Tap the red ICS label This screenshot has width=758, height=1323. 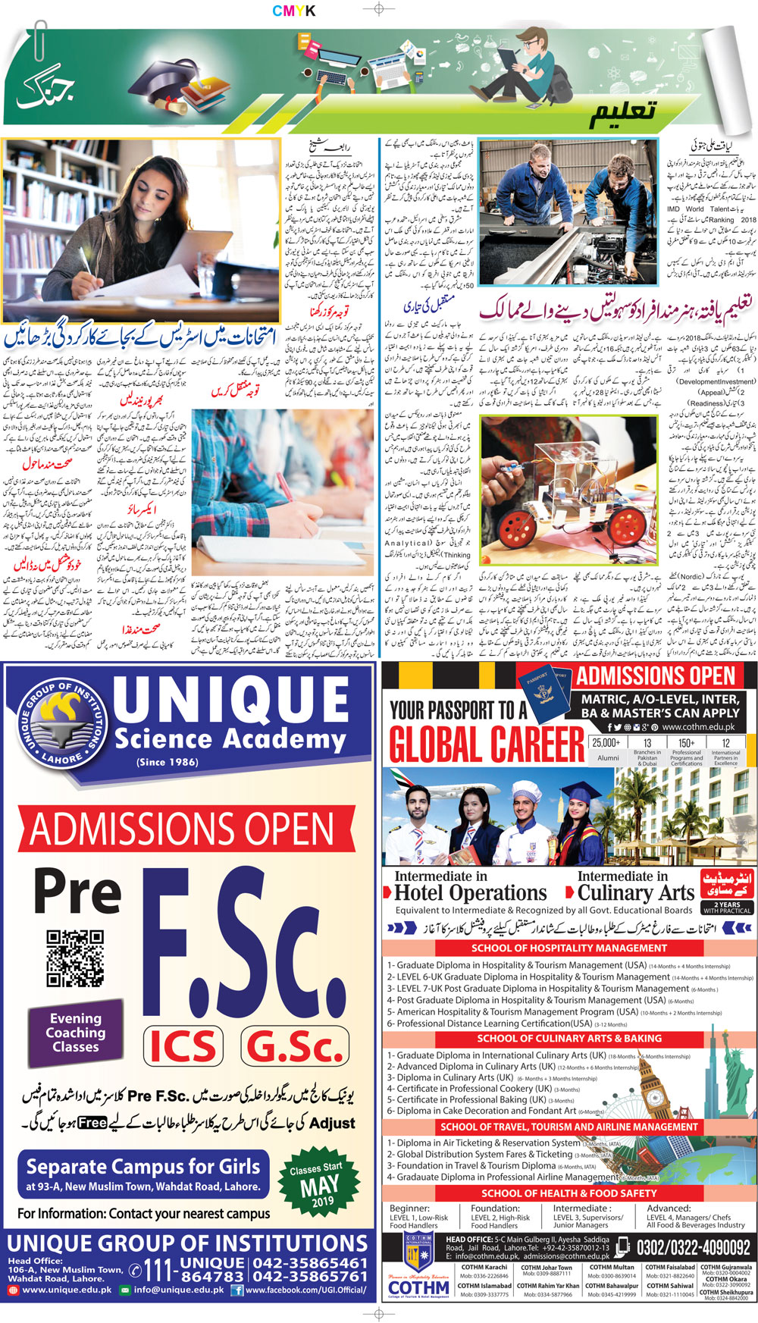(183, 1046)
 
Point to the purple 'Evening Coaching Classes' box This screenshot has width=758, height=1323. (75, 1033)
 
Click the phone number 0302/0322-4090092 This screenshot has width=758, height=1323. (693, 1247)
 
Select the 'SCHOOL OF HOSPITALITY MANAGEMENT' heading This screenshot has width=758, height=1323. (568, 948)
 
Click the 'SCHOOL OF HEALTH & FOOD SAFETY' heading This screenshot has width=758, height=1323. (568, 1193)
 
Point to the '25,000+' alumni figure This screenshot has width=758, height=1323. (606, 743)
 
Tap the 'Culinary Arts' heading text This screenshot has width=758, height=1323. (637, 893)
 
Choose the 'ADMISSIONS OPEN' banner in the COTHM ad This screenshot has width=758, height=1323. (656, 677)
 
